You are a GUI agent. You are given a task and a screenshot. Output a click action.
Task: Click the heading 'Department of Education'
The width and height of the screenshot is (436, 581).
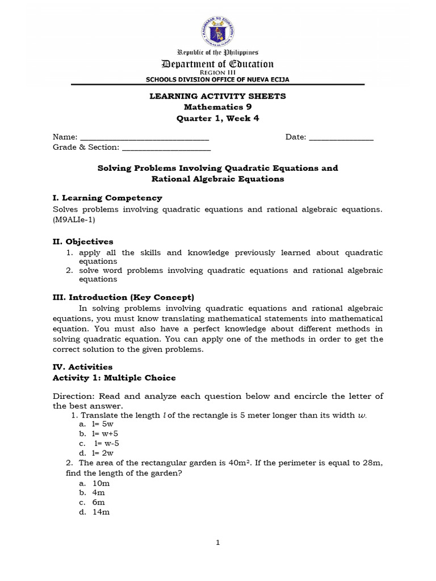(x=218, y=64)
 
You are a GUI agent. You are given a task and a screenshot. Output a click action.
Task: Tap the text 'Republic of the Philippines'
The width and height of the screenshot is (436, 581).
(x=218, y=52)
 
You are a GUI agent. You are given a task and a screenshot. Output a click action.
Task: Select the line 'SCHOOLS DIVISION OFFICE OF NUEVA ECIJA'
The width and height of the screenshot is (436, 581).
(x=218, y=79)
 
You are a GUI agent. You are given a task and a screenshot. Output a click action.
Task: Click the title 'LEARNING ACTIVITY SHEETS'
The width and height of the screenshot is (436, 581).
(x=217, y=96)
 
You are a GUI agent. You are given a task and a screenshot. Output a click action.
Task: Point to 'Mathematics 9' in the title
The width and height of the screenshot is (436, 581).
(x=217, y=107)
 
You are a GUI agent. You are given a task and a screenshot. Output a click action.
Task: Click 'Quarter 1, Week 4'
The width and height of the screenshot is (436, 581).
(x=217, y=118)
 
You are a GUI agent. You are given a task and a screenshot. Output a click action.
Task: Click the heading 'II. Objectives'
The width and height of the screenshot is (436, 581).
(x=83, y=241)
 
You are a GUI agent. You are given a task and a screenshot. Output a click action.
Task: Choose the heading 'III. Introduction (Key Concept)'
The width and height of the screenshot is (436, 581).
(x=123, y=297)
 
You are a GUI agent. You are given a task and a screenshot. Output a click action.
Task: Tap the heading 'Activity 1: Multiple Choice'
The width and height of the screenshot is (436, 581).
(x=114, y=377)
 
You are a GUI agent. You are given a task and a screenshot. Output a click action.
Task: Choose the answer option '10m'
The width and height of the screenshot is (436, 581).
(x=101, y=483)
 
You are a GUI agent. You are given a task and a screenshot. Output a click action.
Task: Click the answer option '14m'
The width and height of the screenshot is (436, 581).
(x=101, y=512)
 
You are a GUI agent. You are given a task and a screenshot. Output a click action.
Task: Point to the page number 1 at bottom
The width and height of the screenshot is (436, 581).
(x=218, y=542)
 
